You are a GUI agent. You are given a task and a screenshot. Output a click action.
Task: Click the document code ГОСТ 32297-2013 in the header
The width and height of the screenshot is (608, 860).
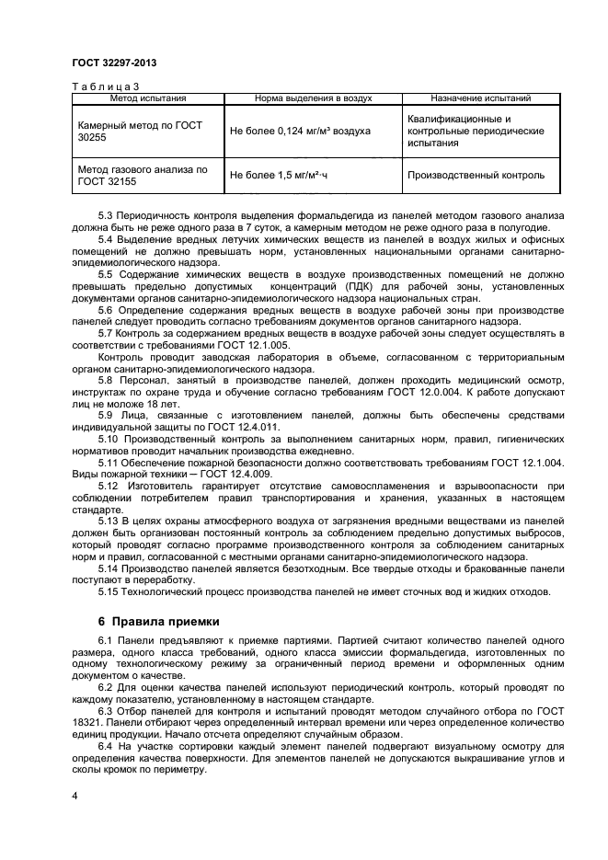pyautogui.click(x=114, y=63)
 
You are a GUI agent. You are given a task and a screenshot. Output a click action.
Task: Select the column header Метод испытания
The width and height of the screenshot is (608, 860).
pyautogui.click(x=149, y=97)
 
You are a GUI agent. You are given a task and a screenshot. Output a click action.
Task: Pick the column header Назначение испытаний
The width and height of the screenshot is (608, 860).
pyautogui.click(x=473, y=97)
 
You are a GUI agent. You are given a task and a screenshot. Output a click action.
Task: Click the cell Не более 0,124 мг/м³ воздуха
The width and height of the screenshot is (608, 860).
pyautogui.click(x=300, y=132)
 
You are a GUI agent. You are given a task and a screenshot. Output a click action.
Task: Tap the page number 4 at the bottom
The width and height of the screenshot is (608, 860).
pyautogui.click(x=75, y=794)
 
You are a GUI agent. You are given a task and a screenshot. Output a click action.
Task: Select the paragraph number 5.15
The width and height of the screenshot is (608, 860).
pyautogui.click(x=109, y=592)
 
